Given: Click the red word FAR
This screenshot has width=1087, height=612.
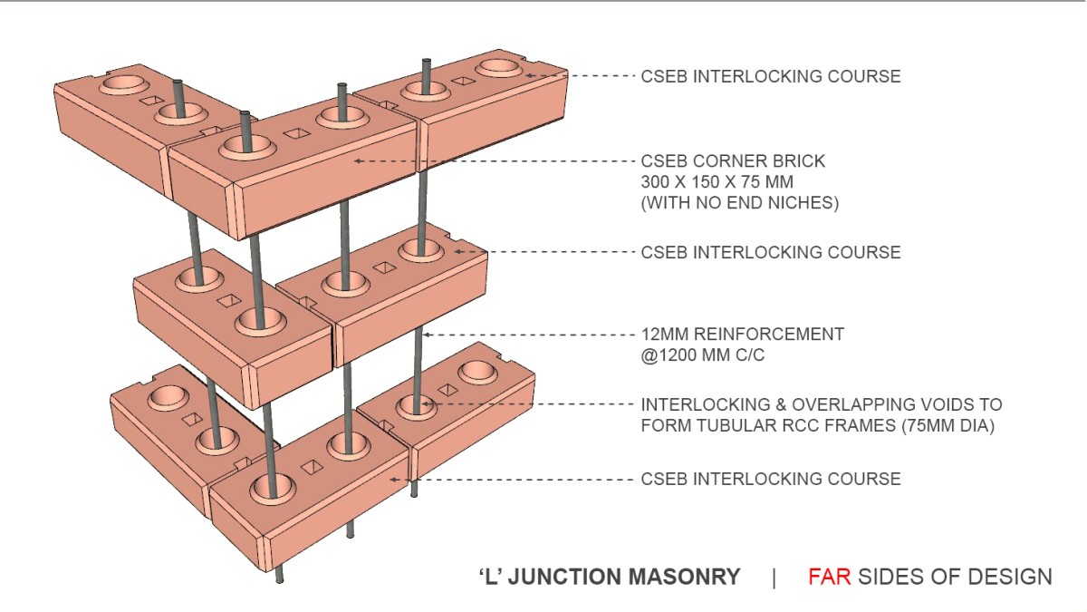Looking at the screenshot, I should pos(829,577).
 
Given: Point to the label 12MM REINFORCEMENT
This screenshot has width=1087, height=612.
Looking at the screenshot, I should pos(742,335).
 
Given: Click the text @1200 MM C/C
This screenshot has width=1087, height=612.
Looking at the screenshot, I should pos(703,355).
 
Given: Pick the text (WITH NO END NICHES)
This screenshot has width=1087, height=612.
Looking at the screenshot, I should pos(740,203).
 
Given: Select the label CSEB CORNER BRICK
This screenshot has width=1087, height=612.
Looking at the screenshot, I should pos(733,161).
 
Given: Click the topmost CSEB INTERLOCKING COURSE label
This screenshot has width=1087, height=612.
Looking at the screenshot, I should pos(771,76).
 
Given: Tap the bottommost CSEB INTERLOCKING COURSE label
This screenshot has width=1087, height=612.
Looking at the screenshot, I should pos(771,479).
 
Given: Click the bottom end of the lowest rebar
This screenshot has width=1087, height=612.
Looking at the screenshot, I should pos(281,578).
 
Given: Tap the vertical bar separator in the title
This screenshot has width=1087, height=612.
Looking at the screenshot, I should pos(774,577).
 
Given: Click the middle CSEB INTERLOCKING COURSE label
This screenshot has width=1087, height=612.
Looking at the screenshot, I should pos(771,252).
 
